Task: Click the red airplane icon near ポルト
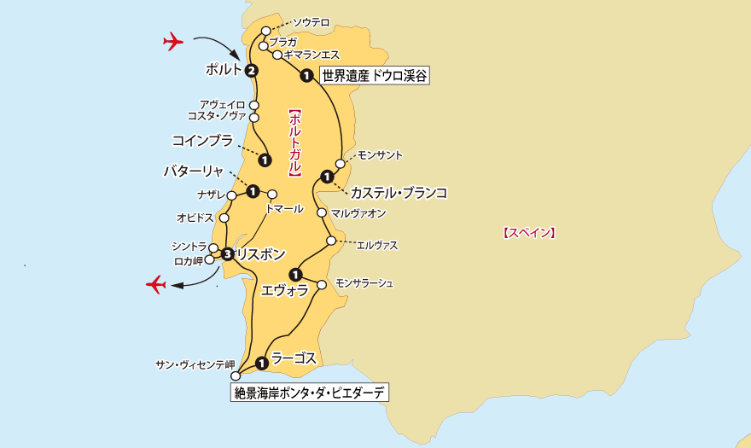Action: pos(173,40)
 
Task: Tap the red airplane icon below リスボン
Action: pos(155,283)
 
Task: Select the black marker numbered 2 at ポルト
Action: pos(251,71)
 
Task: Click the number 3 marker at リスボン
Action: pos(227,253)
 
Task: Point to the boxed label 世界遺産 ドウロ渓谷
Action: pos(373,76)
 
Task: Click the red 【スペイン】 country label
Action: pos(529,231)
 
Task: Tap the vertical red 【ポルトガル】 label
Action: pos(293,142)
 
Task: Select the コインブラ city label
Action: pos(202,140)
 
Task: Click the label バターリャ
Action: pos(194,171)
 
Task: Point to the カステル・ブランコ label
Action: pos(399,192)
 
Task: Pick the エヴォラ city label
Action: pos(286,290)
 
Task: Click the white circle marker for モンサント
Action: pos(341,163)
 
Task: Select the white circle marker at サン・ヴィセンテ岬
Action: pos(236,375)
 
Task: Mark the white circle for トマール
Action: pos(273,193)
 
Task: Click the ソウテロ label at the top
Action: pos(311,22)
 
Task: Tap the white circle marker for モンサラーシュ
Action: pos(323,284)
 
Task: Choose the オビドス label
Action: pos(195,218)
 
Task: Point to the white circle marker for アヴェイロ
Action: pos(254,105)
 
